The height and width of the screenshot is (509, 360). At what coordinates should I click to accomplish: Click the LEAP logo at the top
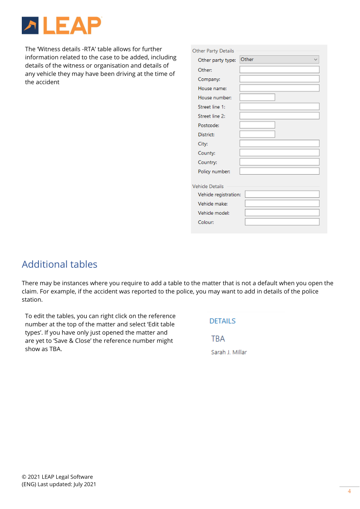point(61,26)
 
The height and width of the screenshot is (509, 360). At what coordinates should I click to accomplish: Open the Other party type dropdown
point(279,60)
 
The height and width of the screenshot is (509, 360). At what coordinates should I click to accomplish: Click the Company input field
point(279,79)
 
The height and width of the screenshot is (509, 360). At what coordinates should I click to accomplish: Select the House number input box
point(257,98)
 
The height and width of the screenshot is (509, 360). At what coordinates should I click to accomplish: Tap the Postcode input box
point(257,125)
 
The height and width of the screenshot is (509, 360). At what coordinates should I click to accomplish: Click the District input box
point(257,134)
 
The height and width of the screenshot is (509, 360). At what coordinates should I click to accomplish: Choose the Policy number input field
point(279,171)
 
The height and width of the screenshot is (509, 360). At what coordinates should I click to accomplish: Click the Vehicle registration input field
point(282,194)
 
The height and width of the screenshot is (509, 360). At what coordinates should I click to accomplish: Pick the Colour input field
point(282,222)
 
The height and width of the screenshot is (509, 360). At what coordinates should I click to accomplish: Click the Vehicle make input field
point(282,203)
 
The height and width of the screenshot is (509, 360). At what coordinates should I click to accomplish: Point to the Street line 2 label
point(211,116)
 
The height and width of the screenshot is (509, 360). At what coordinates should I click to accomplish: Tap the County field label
point(207,153)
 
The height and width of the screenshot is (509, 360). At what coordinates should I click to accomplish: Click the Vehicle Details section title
point(208,186)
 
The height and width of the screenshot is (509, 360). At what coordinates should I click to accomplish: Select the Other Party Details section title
point(213,51)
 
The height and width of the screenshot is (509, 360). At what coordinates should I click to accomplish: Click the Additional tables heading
point(59,264)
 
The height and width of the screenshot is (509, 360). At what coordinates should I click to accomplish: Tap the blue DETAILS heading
point(222,321)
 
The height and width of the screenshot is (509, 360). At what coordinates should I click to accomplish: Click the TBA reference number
point(218,339)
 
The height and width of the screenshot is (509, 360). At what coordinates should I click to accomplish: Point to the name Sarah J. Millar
point(229,352)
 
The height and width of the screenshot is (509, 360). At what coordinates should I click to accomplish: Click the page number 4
point(349,491)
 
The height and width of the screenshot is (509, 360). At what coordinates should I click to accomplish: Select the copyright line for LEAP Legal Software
point(57,477)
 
